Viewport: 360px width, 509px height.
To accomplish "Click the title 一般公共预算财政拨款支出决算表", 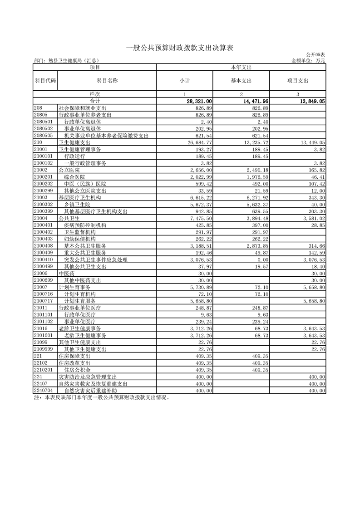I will click(179, 48).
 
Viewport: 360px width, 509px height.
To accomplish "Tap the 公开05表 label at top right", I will click(316, 54).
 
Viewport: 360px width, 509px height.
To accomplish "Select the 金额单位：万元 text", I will click(310, 60).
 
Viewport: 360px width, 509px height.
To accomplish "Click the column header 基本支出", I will click(241, 81).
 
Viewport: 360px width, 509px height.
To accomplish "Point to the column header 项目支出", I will click(297, 81).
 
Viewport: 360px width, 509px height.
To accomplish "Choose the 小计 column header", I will click(184, 81).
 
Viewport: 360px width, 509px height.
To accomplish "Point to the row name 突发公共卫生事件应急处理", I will click(95, 259).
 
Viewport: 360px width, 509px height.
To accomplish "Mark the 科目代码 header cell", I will click(45, 81).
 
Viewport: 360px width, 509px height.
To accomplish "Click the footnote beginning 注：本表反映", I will click(102, 397).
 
